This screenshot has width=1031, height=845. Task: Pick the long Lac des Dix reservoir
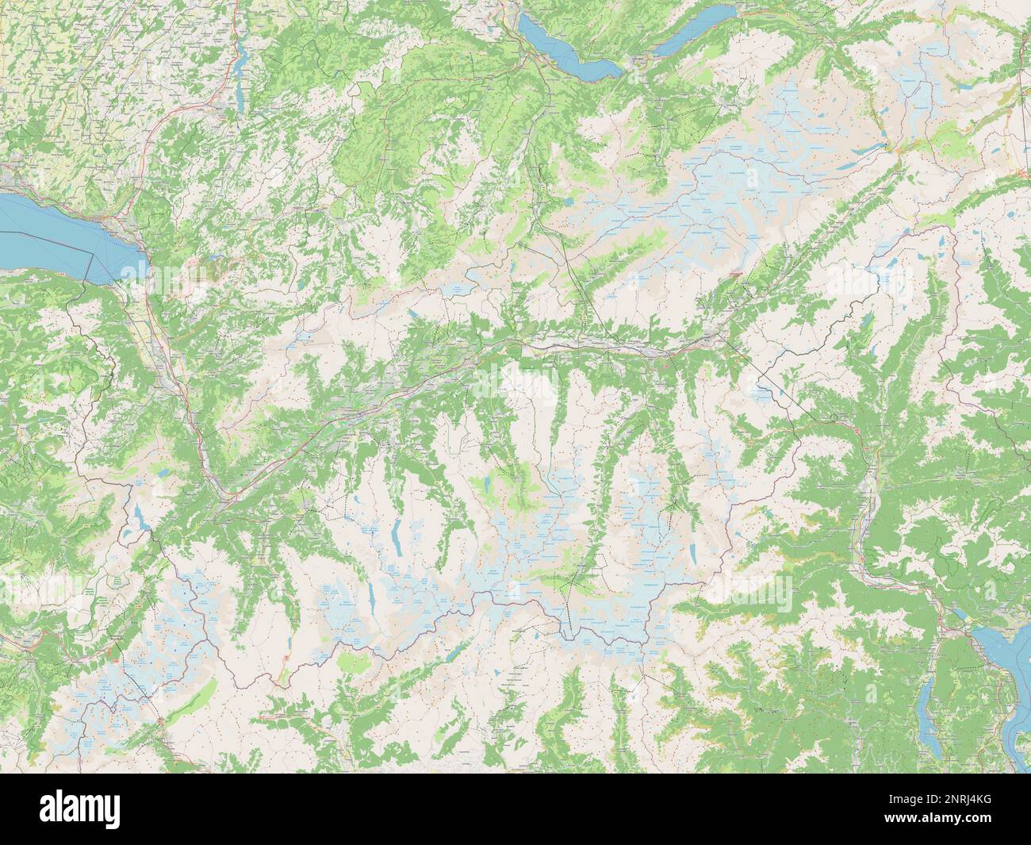click(394, 540)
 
